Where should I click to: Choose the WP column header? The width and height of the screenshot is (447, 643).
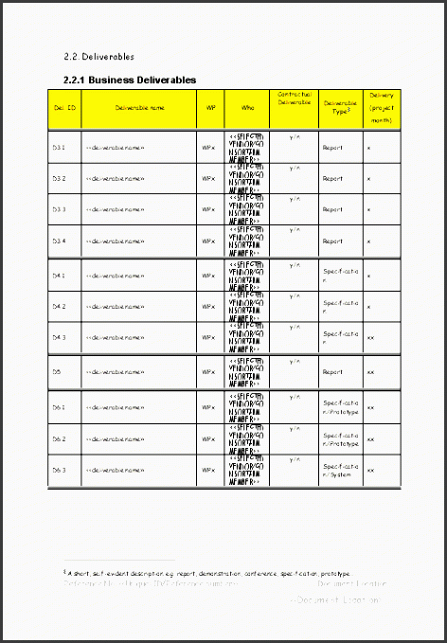click(x=210, y=108)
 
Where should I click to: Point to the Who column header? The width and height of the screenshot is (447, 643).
click(x=247, y=108)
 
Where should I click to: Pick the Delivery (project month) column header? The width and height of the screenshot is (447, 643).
click(x=382, y=108)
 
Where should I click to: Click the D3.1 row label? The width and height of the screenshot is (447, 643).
click(x=59, y=148)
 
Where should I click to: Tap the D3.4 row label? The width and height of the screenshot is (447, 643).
click(x=59, y=241)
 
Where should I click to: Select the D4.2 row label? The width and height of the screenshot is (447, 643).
click(x=59, y=306)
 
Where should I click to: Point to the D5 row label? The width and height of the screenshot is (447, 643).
click(x=57, y=372)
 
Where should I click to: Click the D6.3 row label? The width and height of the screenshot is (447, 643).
click(x=59, y=470)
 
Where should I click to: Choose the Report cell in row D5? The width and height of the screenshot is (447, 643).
click(x=332, y=372)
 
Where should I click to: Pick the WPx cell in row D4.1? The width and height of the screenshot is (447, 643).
click(x=208, y=276)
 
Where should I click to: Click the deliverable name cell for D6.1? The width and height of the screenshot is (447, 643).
click(x=115, y=407)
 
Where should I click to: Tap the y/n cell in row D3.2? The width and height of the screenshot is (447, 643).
click(x=295, y=167)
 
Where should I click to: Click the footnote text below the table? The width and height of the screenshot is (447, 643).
click(x=206, y=573)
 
